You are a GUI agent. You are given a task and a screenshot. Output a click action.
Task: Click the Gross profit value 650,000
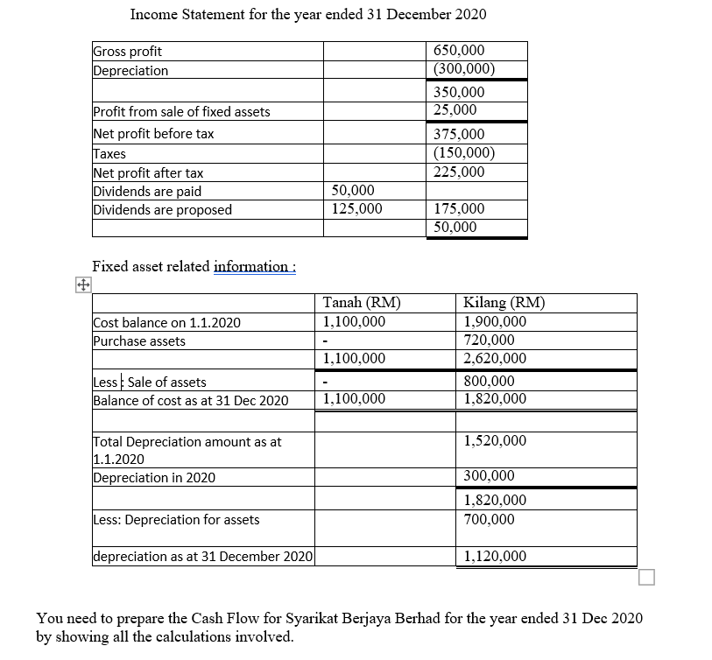(459, 52)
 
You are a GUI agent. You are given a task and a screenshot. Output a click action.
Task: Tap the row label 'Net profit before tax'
(153, 134)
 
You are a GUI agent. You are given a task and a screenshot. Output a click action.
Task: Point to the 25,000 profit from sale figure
(455, 110)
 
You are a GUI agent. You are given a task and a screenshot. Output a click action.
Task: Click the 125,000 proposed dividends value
(357, 209)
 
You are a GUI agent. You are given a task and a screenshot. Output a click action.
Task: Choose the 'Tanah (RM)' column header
(362, 304)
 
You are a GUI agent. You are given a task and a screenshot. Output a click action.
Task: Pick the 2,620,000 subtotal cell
(495, 358)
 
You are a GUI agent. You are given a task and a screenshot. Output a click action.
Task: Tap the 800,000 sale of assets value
(490, 381)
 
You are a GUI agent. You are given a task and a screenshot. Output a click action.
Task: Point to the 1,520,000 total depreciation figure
(495, 440)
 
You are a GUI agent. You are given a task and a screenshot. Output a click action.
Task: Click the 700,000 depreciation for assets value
(490, 519)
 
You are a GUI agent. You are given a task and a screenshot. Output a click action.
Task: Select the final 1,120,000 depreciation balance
(495, 556)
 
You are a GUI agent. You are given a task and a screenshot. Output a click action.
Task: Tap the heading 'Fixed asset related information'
(194, 266)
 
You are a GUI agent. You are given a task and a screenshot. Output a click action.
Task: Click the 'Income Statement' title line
(308, 15)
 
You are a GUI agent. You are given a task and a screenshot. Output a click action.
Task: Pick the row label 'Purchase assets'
(139, 341)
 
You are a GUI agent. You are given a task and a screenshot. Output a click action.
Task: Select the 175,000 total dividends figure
(459, 209)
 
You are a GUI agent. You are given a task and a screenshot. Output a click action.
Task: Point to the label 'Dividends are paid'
(147, 191)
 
